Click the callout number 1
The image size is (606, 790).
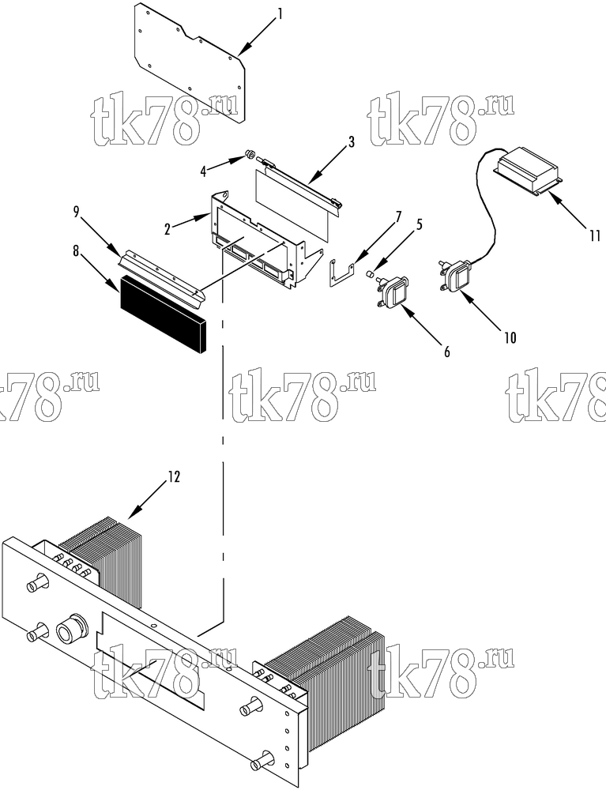click(x=280, y=13)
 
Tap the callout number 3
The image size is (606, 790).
click(x=351, y=142)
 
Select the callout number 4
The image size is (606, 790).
click(x=203, y=171)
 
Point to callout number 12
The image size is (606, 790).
click(x=173, y=476)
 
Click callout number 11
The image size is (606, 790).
click(x=596, y=235)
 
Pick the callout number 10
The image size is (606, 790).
click(x=510, y=337)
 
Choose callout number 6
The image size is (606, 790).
click(x=447, y=352)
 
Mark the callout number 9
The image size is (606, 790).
click(x=76, y=212)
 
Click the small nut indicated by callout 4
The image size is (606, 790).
click(x=249, y=153)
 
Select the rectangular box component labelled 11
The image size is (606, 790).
click(x=528, y=171)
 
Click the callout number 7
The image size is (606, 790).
click(x=398, y=217)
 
